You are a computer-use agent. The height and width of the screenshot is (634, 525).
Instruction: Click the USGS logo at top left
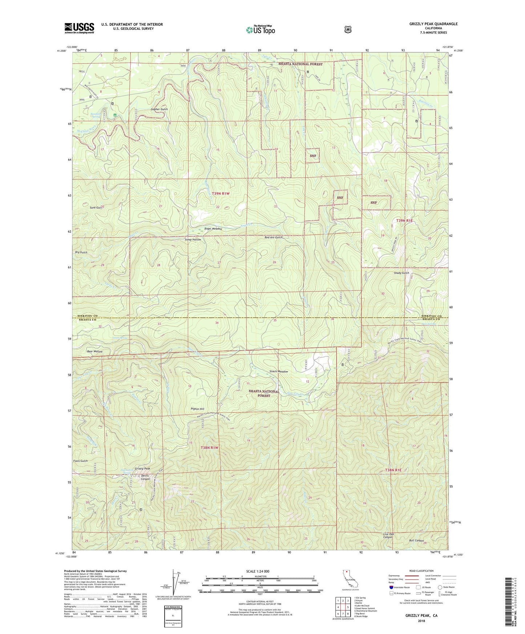79,28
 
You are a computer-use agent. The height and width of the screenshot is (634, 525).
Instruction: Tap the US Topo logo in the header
260,29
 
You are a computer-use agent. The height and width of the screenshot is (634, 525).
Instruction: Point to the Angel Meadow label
213,229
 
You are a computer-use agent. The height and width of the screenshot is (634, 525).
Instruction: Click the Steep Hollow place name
193,240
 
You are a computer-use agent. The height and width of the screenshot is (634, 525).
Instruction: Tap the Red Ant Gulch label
274,237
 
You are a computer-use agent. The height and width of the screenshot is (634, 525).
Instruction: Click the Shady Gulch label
401,273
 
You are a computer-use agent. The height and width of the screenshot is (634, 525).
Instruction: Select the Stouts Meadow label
279,371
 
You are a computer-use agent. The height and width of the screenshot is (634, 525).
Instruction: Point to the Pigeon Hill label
198,409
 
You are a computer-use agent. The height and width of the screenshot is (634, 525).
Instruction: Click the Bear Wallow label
94,351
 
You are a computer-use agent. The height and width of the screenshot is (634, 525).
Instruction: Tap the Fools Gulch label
80,461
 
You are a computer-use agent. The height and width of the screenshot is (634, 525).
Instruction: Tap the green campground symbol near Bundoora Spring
115,115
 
